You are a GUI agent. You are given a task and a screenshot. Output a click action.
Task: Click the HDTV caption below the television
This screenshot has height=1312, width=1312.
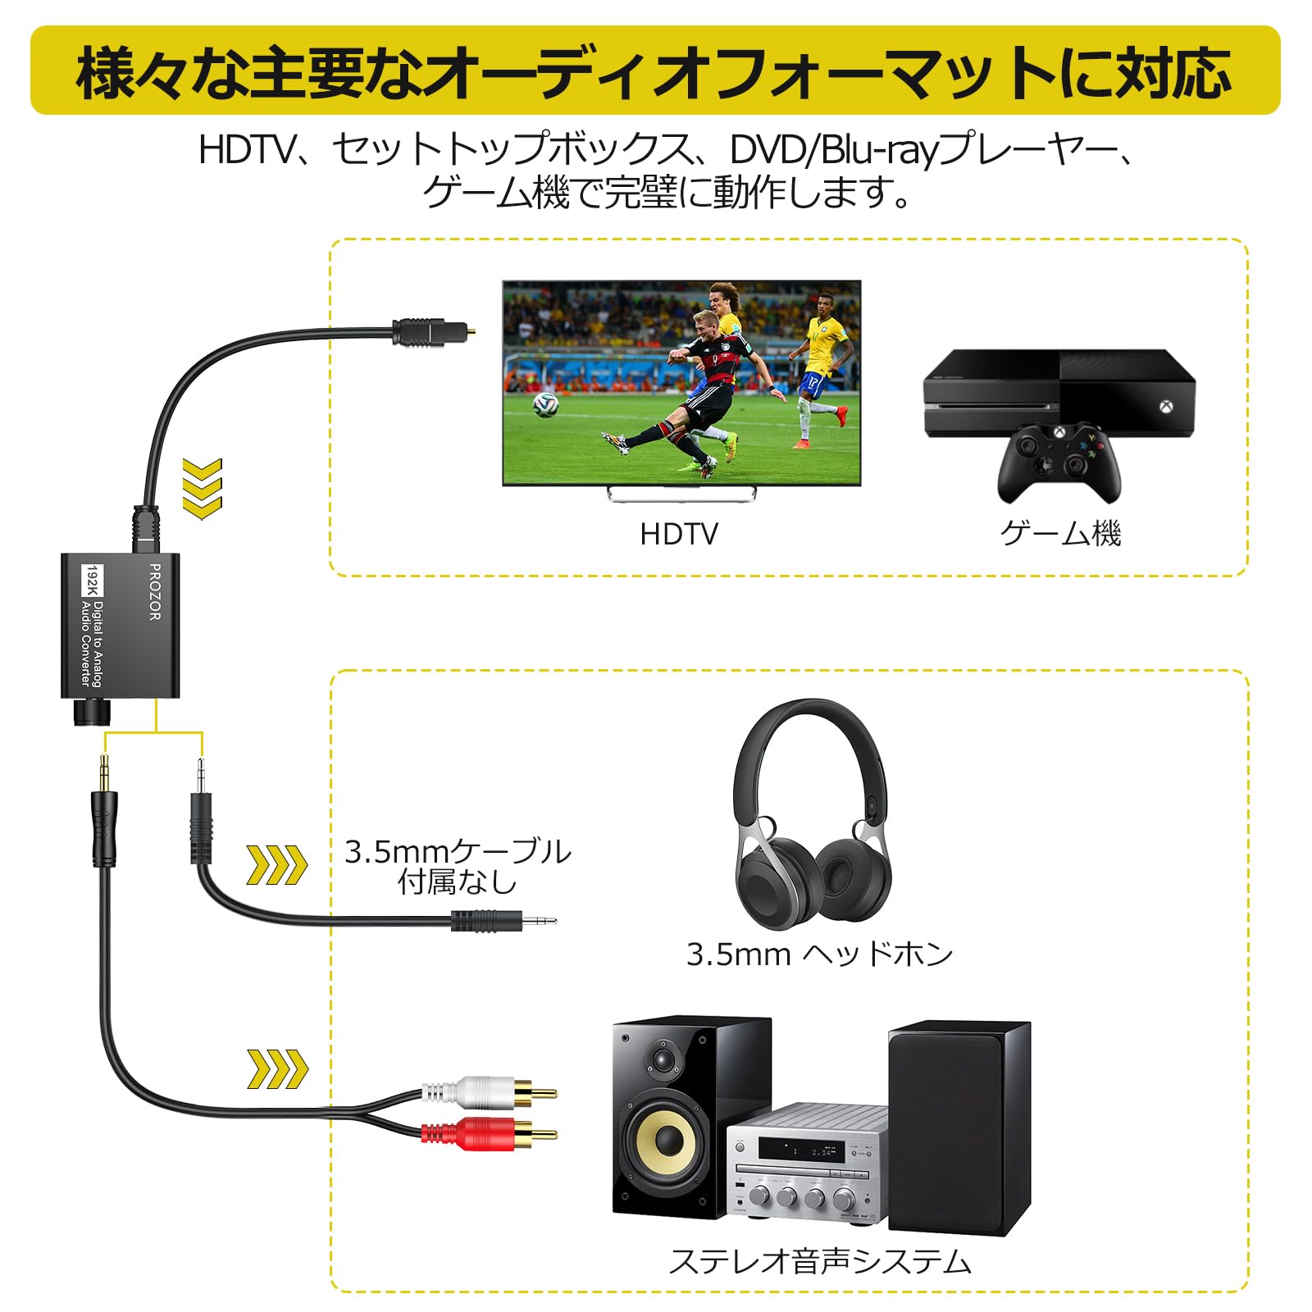pos(678,534)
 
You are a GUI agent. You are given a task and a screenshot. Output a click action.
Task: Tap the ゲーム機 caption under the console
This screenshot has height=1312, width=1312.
pos(1059,534)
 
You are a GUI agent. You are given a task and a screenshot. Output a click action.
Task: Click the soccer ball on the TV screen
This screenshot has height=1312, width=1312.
pos(545,403)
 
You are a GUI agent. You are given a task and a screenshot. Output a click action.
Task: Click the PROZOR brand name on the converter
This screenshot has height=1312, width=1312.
pos(154,591)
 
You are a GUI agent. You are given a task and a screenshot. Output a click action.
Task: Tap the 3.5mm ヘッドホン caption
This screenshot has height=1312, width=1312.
pos(819,954)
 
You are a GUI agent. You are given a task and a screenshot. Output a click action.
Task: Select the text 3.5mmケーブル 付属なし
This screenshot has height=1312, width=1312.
pos(458,866)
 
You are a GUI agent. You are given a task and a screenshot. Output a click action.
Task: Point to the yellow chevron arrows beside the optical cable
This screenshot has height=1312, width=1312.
pos(202,489)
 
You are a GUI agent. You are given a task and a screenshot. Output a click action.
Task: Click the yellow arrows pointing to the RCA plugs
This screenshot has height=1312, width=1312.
pos(277,1069)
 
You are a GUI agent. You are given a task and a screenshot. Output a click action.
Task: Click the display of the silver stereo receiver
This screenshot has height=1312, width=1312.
pos(800,1150)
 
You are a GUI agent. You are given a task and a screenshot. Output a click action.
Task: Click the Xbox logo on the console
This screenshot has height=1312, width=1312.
pos(1164,406)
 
